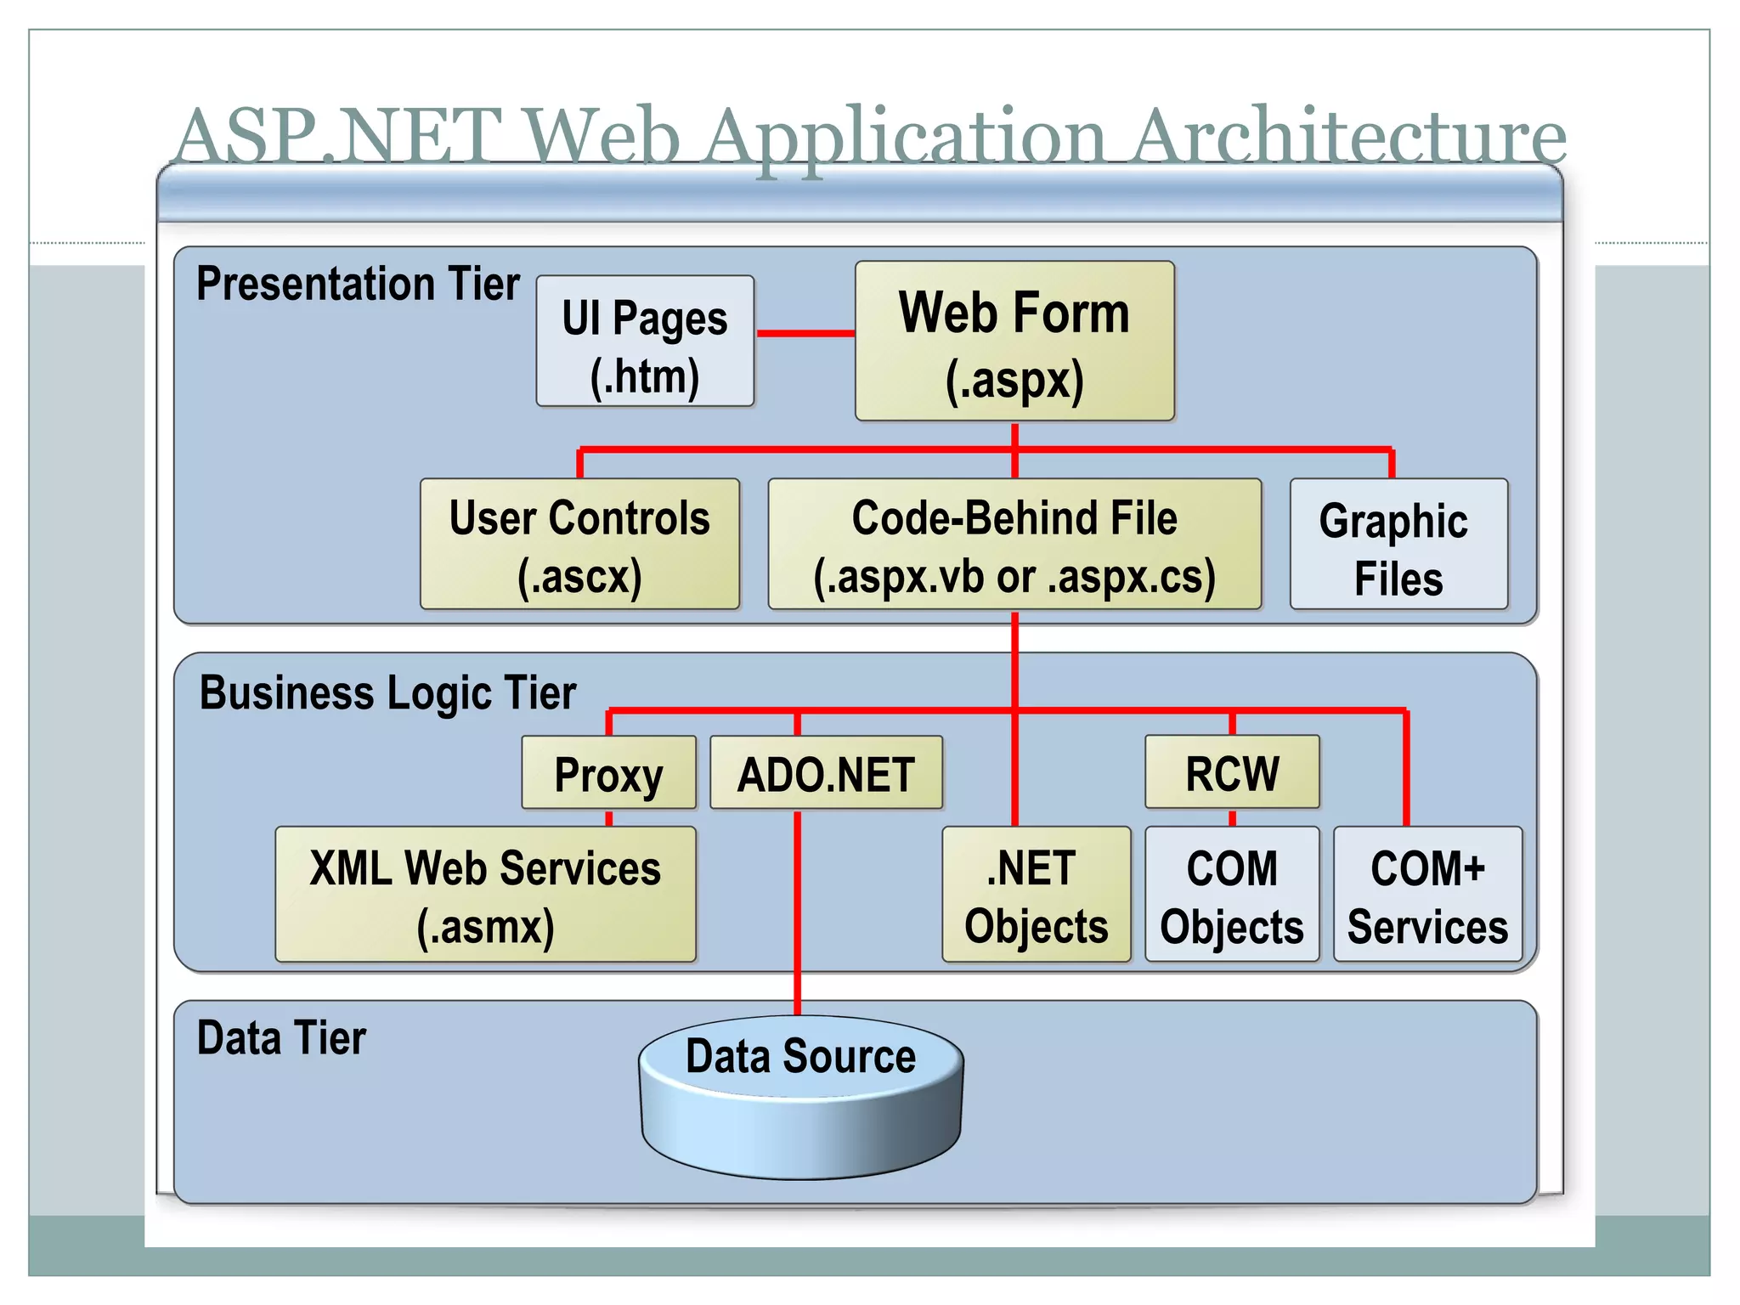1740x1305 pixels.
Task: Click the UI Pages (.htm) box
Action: pyautogui.click(x=645, y=341)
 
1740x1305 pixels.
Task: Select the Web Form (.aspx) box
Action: pyautogui.click(x=1014, y=341)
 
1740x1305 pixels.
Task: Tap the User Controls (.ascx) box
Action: pyautogui.click(x=579, y=544)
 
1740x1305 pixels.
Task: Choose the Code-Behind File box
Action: pyautogui.click(x=1014, y=544)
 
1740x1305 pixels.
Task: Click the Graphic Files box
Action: pyautogui.click(x=1398, y=544)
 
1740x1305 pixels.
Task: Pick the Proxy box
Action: pyautogui.click(x=608, y=772)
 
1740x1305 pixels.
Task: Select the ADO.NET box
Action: pyautogui.click(x=826, y=772)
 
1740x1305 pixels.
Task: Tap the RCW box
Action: pyautogui.click(x=1232, y=771)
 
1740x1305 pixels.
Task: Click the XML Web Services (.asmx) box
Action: pyautogui.click(x=485, y=894)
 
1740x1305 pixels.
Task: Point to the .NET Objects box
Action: pyautogui.click(x=1036, y=894)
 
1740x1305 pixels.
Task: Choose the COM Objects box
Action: pyautogui.click(x=1232, y=894)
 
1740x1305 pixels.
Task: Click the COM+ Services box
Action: pyautogui.click(x=1427, y=894)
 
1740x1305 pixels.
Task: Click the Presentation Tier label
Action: pyautogui.click(x=358, y=284)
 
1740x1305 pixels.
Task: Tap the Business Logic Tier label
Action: pyautogui.click(x=387, y=692)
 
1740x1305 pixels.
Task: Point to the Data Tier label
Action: pyautogui.click(x=281, y=1038)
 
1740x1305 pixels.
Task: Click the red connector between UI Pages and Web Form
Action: pyautogui.click(x=805, y=333)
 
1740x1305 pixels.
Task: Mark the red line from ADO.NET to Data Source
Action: pyautogui.click(x=797, y=909)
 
